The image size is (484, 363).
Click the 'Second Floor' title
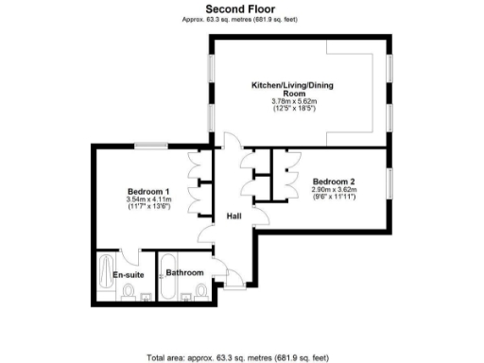(x=240, y=8)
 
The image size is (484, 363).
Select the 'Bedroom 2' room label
(x=335, y=181)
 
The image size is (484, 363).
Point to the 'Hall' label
(x=234, y=216)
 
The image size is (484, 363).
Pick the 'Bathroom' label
(x=185, y=273)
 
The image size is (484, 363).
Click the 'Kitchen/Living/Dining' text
(x=291, y=85)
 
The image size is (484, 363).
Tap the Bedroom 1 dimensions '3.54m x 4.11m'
(x=147, y=199)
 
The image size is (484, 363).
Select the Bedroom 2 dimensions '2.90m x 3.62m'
(x=335, y=190)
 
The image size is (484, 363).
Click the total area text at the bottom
(x=239, y=357)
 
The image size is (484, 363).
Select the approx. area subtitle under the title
(x=240, y=18)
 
